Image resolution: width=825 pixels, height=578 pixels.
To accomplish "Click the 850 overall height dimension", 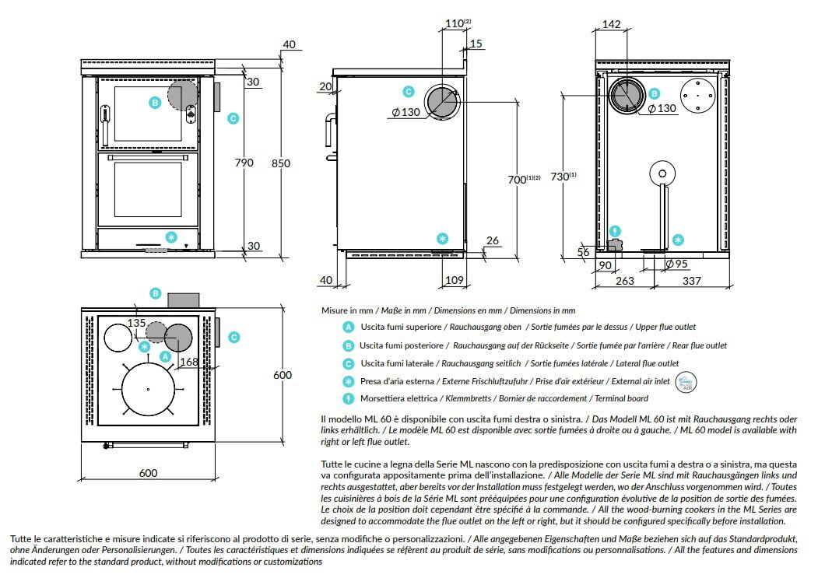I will (x=281, y=163).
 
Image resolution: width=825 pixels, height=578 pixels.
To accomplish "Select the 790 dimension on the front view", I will (x=244, y=163).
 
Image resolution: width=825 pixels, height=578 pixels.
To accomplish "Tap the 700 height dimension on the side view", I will (x=523, y=180).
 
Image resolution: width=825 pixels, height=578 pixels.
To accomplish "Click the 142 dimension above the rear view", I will (x=612, y=25).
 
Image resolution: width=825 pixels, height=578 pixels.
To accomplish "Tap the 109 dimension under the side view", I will (x=455, y=279).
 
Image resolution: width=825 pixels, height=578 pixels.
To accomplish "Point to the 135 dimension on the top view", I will (x=137, y=323).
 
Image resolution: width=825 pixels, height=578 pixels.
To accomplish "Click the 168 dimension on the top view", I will (x=188, y=361).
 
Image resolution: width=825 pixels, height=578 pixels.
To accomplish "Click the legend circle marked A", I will (x=349, y=328).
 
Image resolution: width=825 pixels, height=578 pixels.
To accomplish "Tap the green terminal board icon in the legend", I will (x=349, y=399).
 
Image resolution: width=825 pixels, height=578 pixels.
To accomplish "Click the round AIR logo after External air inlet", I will (x=686, y=381).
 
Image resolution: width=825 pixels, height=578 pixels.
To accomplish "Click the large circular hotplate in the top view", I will (x=148, y=389).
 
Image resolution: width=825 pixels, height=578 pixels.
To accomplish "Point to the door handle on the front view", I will (x=104, y=115).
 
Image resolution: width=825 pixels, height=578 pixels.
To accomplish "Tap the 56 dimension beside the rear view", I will (x=584, y=251).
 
